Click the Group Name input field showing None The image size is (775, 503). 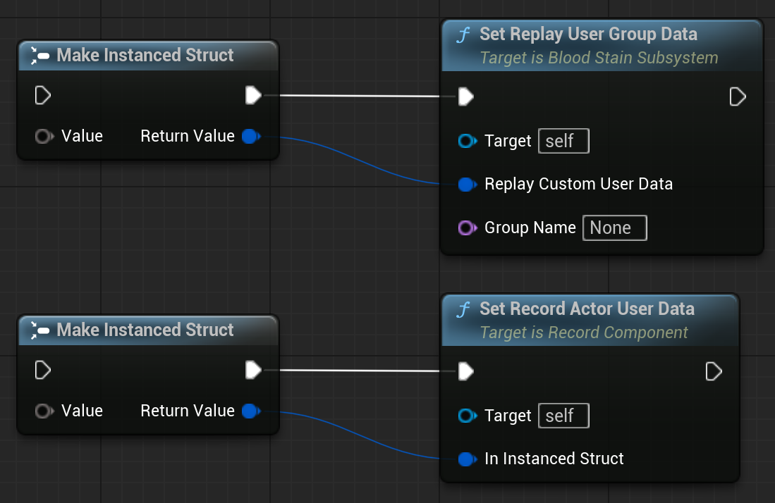coord(614,228)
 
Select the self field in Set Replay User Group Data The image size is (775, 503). coord(563,141)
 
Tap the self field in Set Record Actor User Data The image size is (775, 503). coord(563,416)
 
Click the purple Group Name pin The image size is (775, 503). coord(467,228)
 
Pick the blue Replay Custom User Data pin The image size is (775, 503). coord(467,184)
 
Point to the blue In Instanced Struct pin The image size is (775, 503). coord(467,459)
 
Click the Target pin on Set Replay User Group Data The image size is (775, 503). coord(467,141)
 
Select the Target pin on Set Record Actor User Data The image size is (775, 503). coord(467,416)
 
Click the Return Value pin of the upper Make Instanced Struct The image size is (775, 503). coord(251,136)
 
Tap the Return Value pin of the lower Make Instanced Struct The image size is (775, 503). coord(251,411)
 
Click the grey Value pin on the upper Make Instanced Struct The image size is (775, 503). coord(44,136)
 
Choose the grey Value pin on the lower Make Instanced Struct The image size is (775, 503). coord(44,411)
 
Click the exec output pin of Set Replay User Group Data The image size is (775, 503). coord(738,97)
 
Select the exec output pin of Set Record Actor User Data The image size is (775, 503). coord(714,371)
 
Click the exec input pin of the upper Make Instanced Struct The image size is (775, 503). coord(43,95)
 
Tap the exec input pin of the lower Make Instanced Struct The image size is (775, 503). coord(43,370)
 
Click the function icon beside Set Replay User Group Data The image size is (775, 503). coord(463,35)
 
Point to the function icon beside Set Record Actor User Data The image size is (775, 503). coord(463,309)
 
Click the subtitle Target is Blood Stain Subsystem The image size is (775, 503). coord(599,58)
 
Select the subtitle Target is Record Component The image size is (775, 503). coord(584,333)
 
